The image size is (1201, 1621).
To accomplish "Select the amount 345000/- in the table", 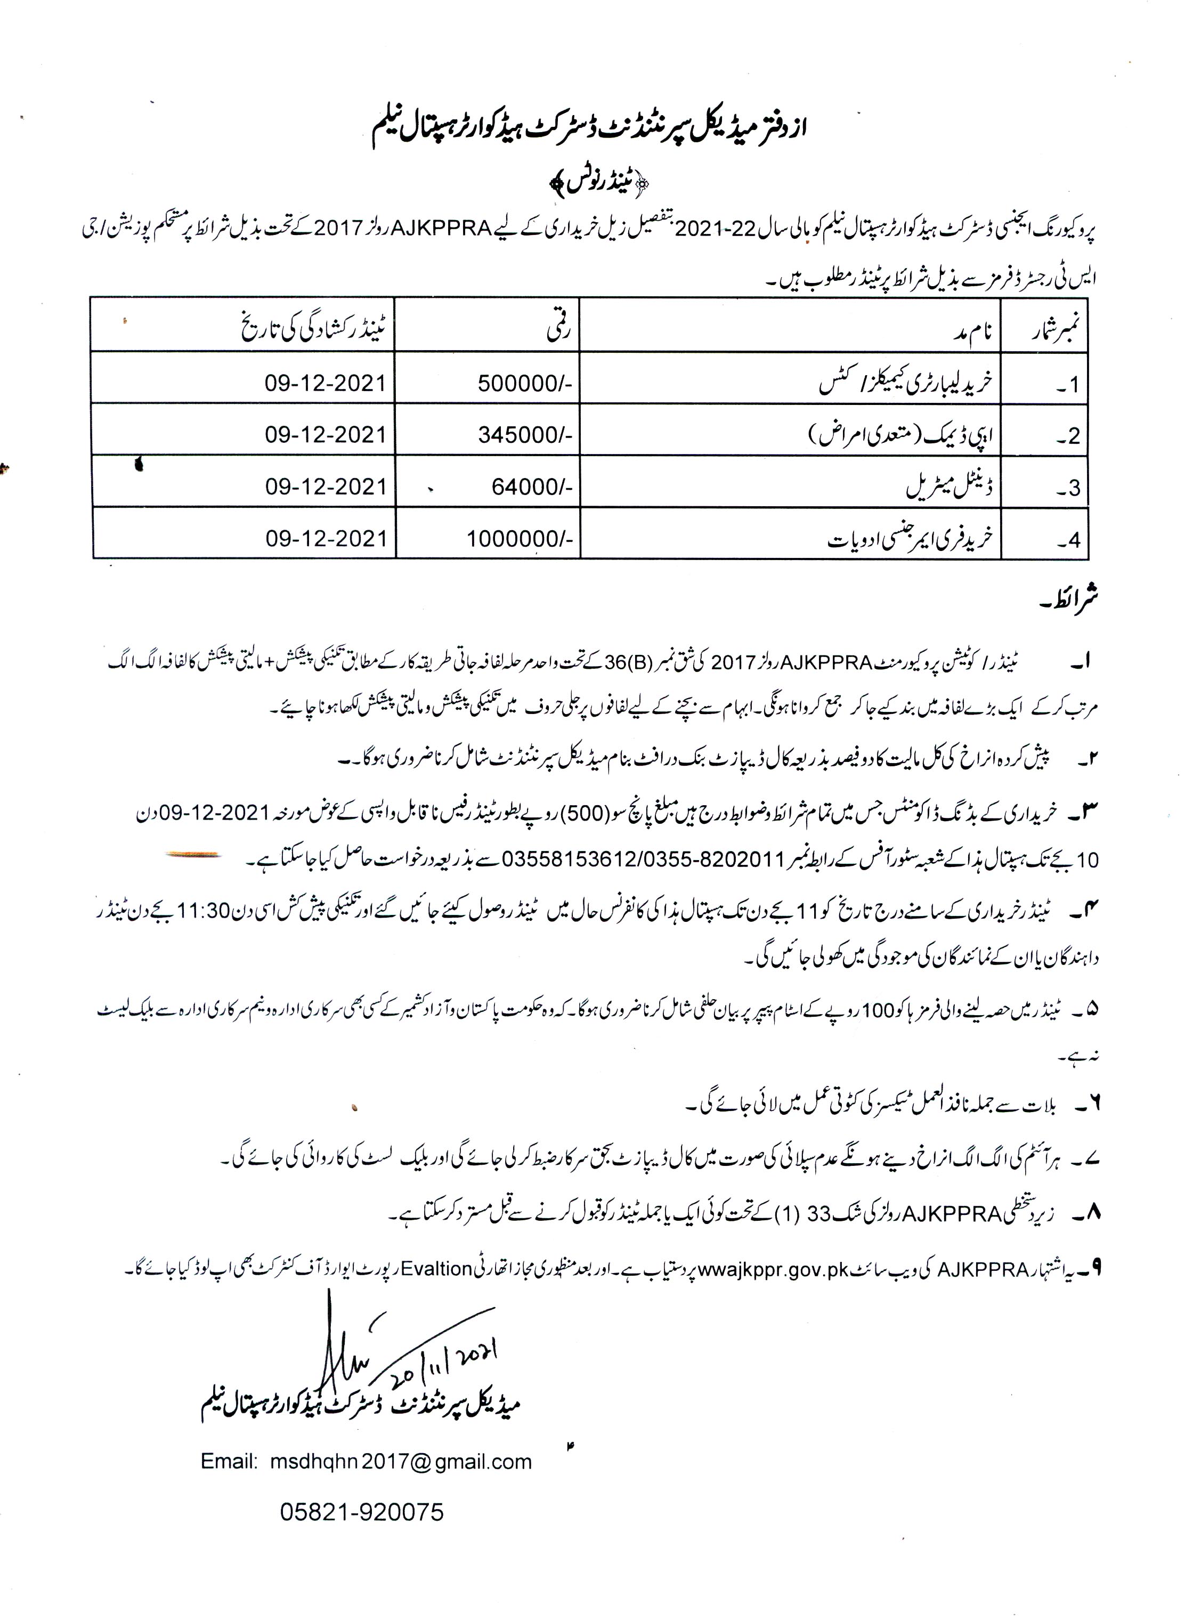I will [525, 435].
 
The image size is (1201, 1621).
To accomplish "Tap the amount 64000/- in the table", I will [531, 487].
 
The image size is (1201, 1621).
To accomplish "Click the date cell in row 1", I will [325, 384].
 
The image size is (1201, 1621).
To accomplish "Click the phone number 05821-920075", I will [361, 1513].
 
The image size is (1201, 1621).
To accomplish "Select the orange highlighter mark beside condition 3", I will [193, 856].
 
